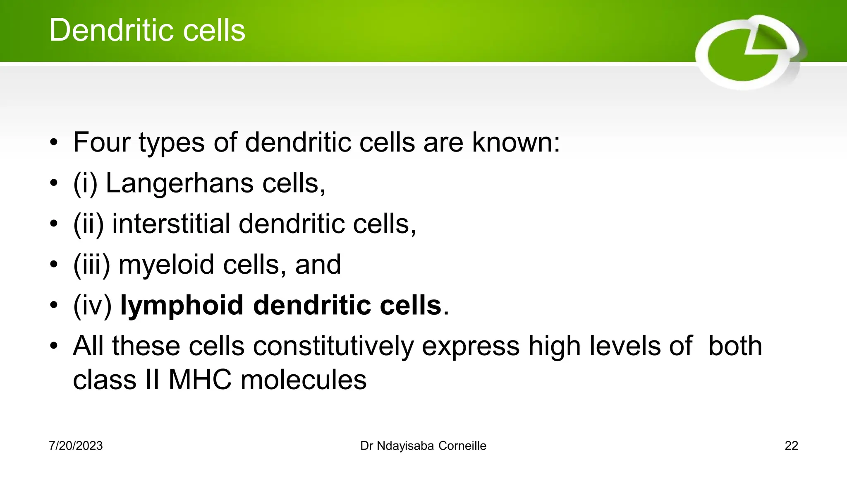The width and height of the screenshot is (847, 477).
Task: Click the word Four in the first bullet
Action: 101,142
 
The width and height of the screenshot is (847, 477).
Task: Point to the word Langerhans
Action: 180,183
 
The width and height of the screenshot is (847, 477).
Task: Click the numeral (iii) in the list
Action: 92,265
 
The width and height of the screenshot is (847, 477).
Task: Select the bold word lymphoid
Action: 182,306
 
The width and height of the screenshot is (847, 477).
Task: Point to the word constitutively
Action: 333,346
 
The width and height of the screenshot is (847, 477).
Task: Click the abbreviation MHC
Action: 200,379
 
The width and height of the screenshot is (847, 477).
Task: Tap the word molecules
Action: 304,379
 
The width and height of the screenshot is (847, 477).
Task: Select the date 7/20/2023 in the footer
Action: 76,446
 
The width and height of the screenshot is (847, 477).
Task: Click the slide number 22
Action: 791,446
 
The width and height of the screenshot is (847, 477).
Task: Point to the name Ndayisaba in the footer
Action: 405,446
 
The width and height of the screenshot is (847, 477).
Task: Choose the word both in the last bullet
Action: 735,346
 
